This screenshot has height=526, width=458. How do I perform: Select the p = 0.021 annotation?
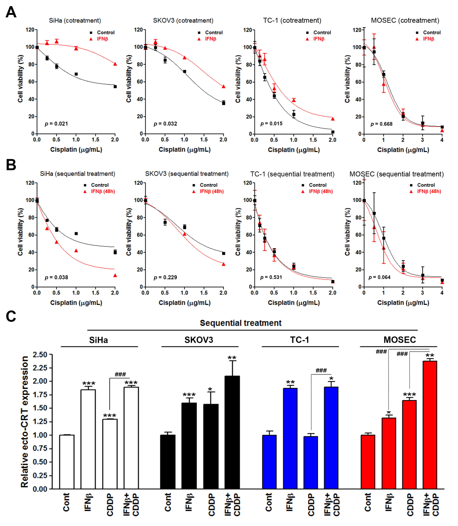tap(57, 124)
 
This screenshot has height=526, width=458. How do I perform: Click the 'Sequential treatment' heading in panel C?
tap(241, 323)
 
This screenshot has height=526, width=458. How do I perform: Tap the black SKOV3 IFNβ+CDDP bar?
tap(232, 433)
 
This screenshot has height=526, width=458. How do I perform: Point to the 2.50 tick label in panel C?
tap(40, 355)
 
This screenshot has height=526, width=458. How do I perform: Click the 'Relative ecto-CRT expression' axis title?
tap(25, 422)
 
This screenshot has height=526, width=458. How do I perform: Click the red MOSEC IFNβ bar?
tap(389, 453)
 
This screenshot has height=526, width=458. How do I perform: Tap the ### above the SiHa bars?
tap(120, 375)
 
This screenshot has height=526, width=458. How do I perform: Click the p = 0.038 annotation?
tap(57, 277)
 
